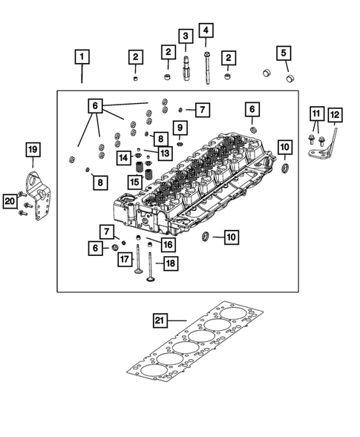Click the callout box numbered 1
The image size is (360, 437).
tap(82, 56)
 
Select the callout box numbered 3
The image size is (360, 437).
tap(185, 35)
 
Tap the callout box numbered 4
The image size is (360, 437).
tap(205, 30)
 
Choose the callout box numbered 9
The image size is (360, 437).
tap(179, 128)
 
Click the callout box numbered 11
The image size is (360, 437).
tap(317, 114)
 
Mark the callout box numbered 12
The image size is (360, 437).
tap(335, 114)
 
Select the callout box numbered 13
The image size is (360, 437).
tap(164, 152)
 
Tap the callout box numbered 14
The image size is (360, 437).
tap(123, 157)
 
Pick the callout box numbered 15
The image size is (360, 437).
tap(134, 181)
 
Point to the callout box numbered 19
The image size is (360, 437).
tap(33, 151)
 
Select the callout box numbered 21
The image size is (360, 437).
tap(160, 321)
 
